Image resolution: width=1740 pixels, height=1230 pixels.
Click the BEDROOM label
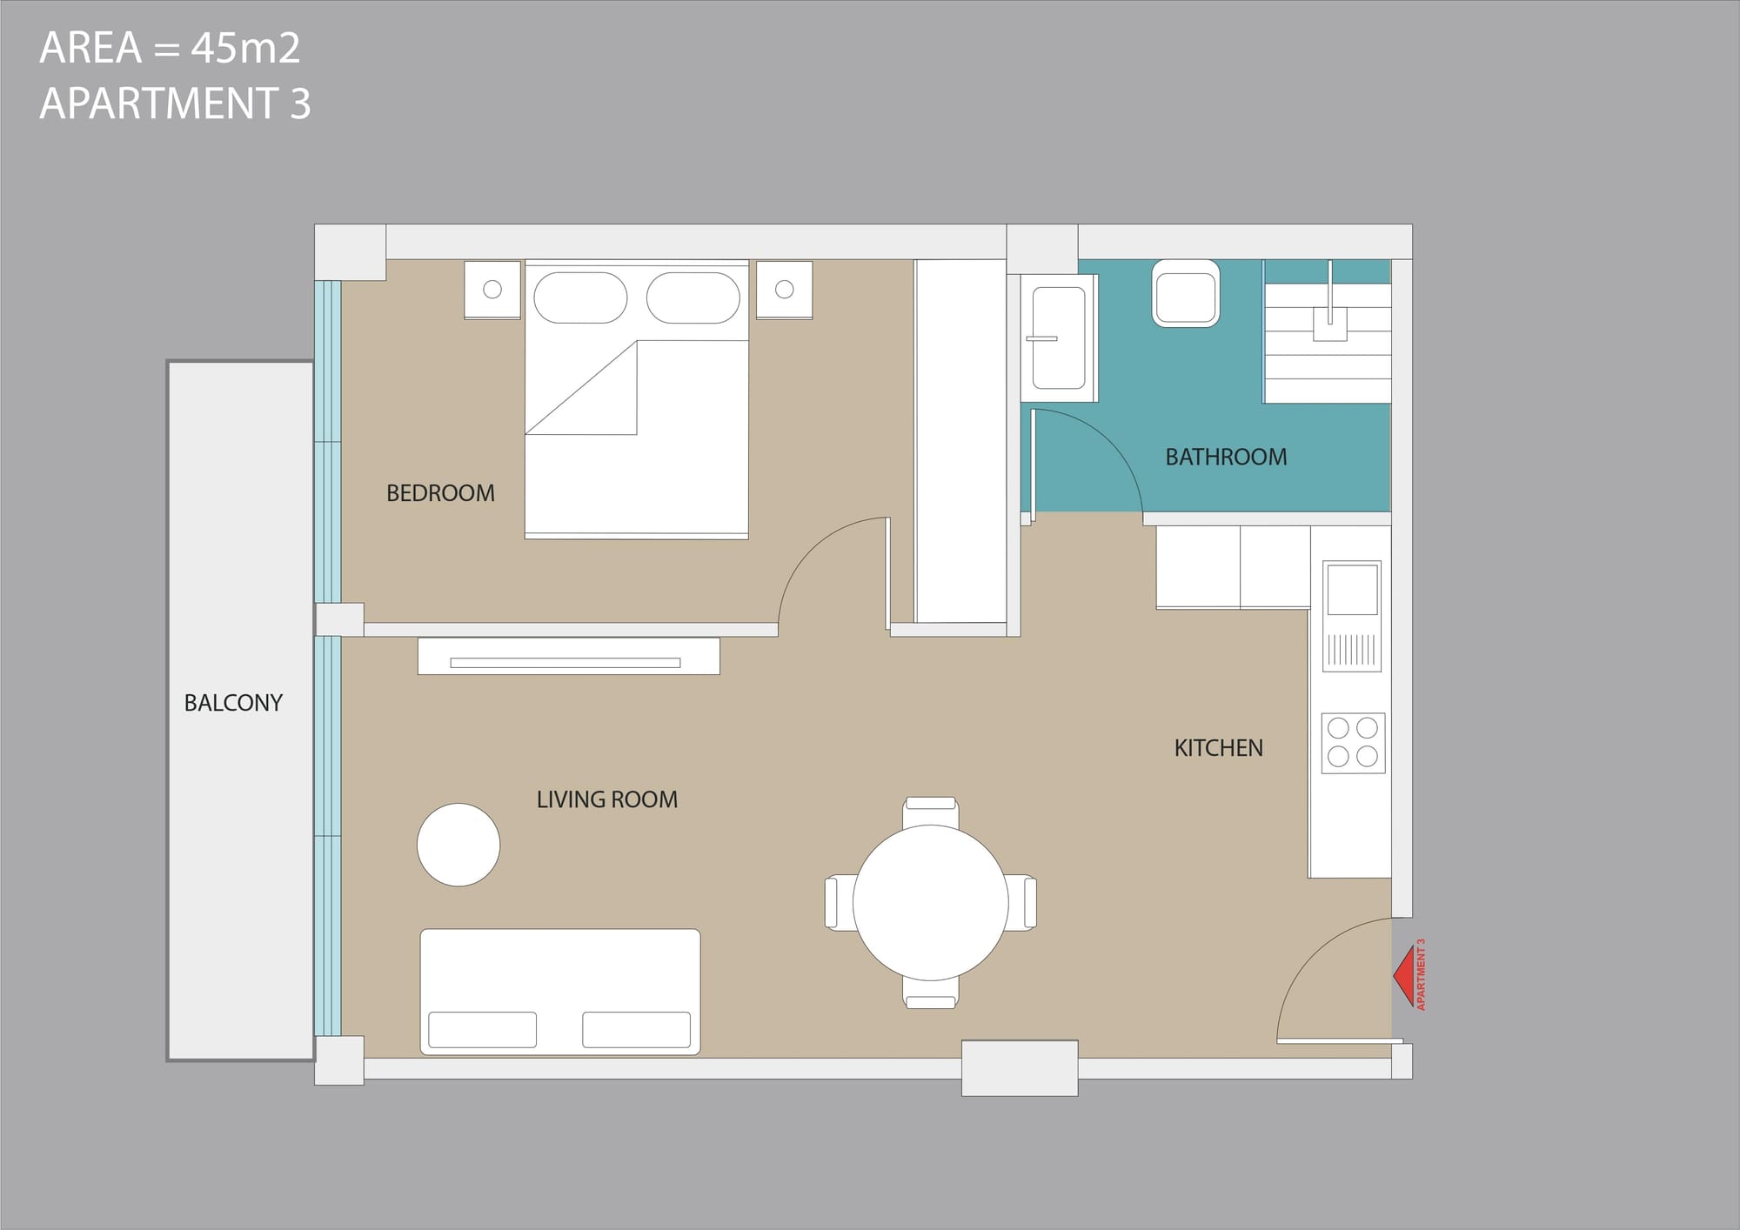pos(440,493)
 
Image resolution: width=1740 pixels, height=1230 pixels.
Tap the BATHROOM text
pos(1226,457)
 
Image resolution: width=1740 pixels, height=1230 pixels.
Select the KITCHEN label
pos(1218,748)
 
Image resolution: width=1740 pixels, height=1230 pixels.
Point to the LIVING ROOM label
pos(606,799)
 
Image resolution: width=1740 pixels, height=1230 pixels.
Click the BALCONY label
pos(233,703)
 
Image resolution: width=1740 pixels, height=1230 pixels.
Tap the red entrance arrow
pos(1402,975)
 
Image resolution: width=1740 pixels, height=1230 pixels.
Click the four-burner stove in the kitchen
pos(1353,743)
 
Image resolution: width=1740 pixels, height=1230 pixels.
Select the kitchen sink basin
pos(1352,589)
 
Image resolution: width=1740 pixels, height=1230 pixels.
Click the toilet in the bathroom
pos(1185,293)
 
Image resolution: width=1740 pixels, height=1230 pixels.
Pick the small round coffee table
pos(458,845)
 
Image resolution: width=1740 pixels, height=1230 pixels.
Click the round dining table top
pos(931,903)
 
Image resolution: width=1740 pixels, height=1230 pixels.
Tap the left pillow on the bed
pos(580,297)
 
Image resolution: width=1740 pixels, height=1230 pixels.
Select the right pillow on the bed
pos(693,297)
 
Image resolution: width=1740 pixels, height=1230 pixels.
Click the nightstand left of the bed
pos(492,290)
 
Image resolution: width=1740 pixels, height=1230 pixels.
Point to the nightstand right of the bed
pos(784,290)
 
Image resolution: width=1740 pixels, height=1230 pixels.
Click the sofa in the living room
pos(560,992)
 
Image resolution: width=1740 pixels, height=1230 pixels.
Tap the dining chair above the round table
pos(931,812)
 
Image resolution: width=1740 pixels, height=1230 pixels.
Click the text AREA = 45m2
pos(170,48)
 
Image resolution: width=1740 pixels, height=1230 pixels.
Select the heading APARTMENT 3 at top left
pos(175,104)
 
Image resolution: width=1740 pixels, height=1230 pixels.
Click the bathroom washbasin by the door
pos(1059,338)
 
